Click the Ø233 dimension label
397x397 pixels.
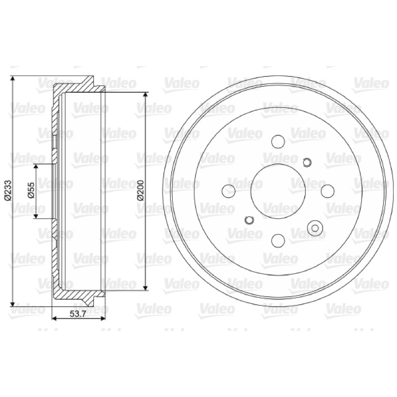pyautogui.click(x=7, y=191)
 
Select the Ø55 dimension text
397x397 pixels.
pyautogui.click(x=31, y=191)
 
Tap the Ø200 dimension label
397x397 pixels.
pyautogui.click(x=140, y=191)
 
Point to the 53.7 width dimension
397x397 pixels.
pyautogui.click(x=78, y=314)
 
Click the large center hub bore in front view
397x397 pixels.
pyautogui.click(x=278, y=191)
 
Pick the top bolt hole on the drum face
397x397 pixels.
pyautogui.click(x=278, y=141)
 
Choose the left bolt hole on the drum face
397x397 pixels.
pyautogui.click(x=228, y=191)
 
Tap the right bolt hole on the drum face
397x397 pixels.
pyautogui.click(x=328, y=191)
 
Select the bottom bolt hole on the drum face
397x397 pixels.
pyautogui.click(x=278, y=241)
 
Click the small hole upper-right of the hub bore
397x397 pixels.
pyautogui.click(x=307, y=162)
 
